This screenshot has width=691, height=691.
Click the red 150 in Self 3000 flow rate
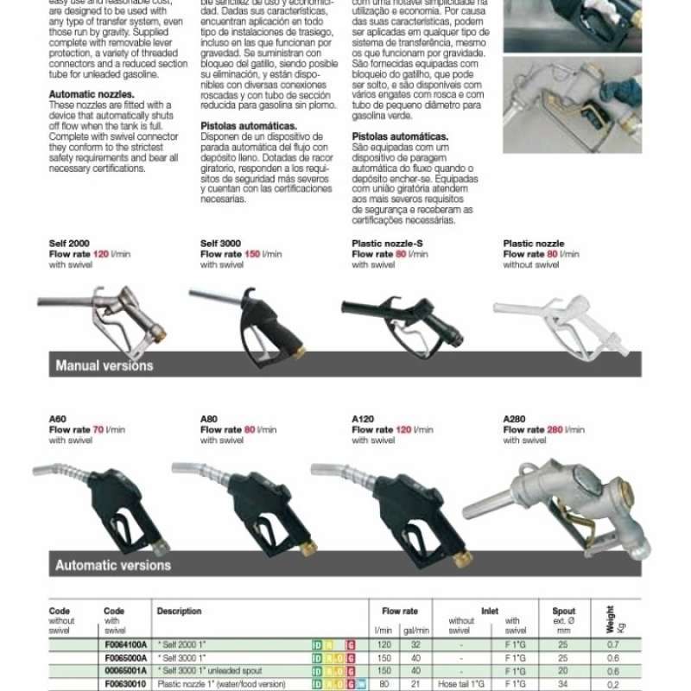pyautogui.click(x=252, y=255)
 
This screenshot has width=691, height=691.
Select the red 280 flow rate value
pyautogui.click(x=555, y=429)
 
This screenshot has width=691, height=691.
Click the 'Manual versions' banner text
pyautogui.click(x=105, y=365)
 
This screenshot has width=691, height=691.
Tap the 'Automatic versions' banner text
pyautogui.click(x=113, y=566)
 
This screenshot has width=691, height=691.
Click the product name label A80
pyautogui.click(x=209, y=419)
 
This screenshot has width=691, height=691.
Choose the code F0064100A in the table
pyautogui.click(x=126, y=644)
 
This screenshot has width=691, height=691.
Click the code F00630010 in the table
pyautogui.click(x=126, y=683)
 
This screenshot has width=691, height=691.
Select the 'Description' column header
pyautogui.click(x=179, y=611)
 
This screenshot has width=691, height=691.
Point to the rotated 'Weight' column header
pyautogui.click(x=611, y=619)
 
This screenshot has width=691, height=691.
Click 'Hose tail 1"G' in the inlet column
pyautogui.click(x=461, y=683)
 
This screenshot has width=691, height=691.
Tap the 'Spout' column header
pyautogui.click(x=563, y=611)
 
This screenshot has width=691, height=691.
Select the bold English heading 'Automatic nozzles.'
pyautogui.click(x=92, y=94)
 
